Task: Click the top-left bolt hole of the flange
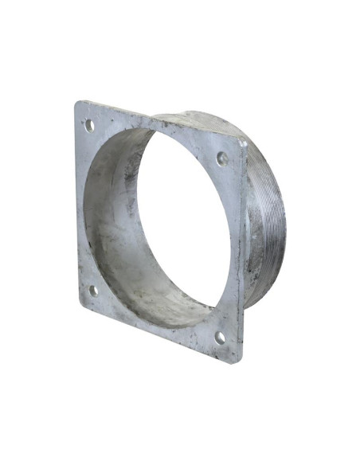tap(89, 125)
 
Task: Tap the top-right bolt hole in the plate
tap(222, 158)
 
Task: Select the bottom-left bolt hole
tap(93, 291)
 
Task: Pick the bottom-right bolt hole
tap(220, 338)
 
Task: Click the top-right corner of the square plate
tap(241, 139)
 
